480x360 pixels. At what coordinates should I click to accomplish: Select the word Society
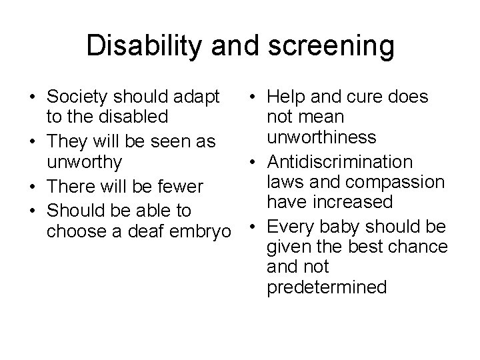tap(76, 97)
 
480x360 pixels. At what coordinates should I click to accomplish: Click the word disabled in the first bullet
tap(132, 117)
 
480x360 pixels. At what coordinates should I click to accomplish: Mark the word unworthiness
tap(321, 137)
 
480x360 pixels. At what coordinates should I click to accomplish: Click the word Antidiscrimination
tap(340, 162)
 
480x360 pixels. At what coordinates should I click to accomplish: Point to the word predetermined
tap(326, 287)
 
